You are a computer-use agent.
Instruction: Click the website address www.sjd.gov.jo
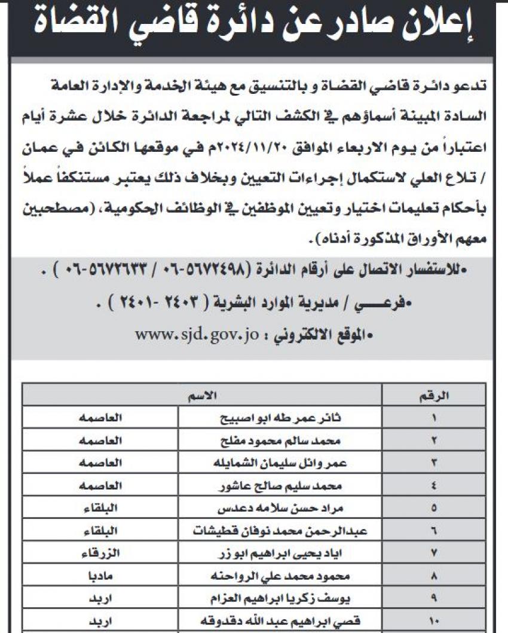[195, 335]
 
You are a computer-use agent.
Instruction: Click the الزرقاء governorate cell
[100, 554]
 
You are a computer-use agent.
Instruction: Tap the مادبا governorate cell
[100, 576]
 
